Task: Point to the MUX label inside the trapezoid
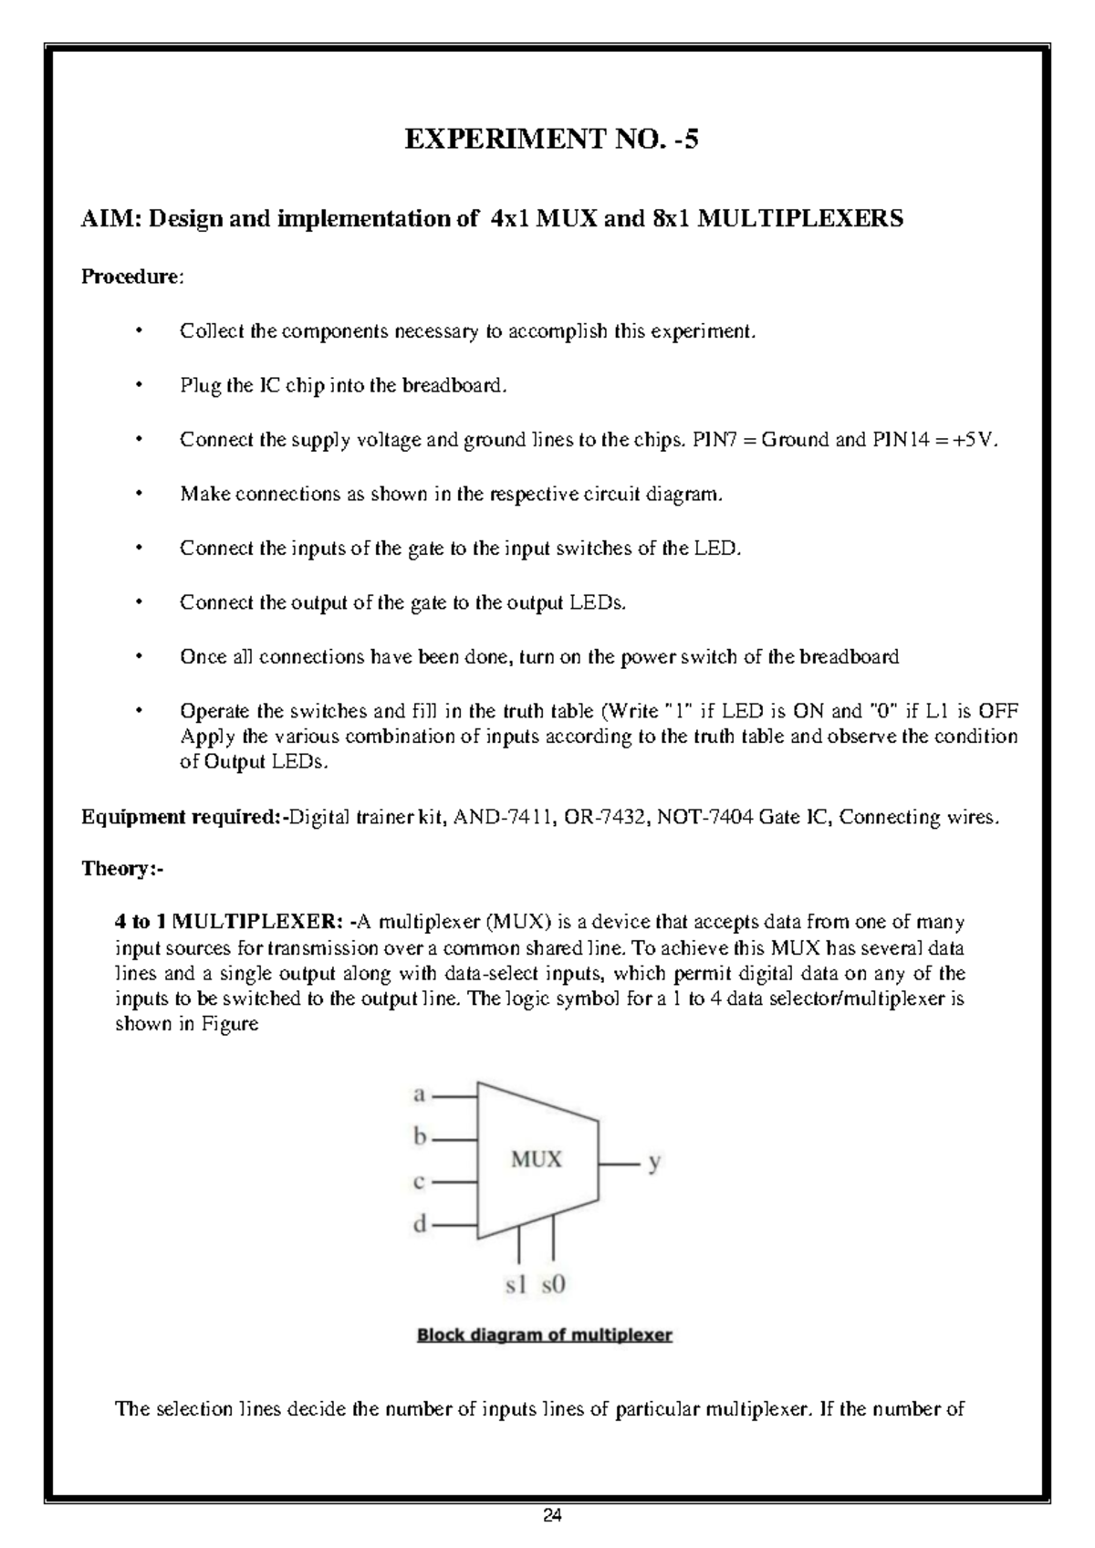[x=536, y=1160]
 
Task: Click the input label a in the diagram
[x=420, y=1093]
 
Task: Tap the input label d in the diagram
[x=420, y=1225]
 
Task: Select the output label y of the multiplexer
[x=653, y=1162]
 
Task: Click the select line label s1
[x=516, y=1285]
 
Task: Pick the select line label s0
[x=554, y=1285]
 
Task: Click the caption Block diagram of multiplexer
[x=545, y=1335]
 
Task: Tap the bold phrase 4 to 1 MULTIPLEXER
[x=229, y=921]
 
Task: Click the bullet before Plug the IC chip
[x=139, y=385]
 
